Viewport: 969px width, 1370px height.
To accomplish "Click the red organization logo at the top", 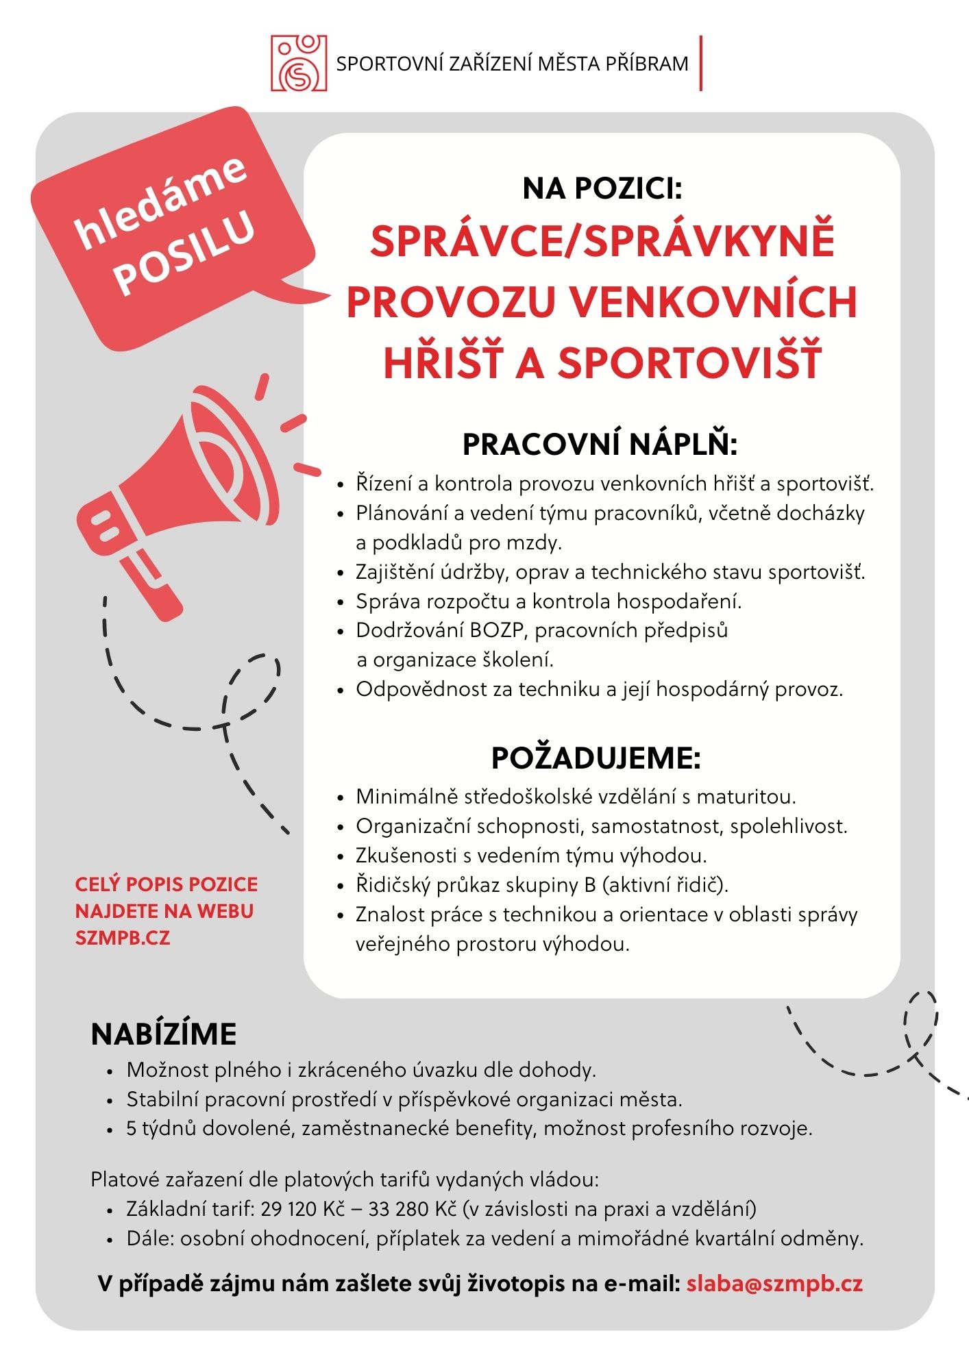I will click(x=299, y=64).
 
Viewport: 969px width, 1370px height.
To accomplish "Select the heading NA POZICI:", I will click(x=602, y=188).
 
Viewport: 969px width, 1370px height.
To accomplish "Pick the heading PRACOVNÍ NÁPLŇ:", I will click(x=600, y=445).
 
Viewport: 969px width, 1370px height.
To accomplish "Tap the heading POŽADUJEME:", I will click(x=596, y=758).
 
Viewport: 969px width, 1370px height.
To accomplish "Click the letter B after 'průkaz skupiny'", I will click(x=590, y=885).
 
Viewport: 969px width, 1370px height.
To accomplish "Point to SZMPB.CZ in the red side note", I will click(x=123, y=937).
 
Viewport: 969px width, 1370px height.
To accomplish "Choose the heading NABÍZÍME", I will click(x=164, y=1034).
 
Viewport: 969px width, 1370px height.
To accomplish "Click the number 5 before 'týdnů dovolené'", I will click(x=132, y=1128).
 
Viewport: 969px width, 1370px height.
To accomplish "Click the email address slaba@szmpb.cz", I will click(x=774, y=1283).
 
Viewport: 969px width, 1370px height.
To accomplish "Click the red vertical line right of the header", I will click(x=701, y=63).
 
